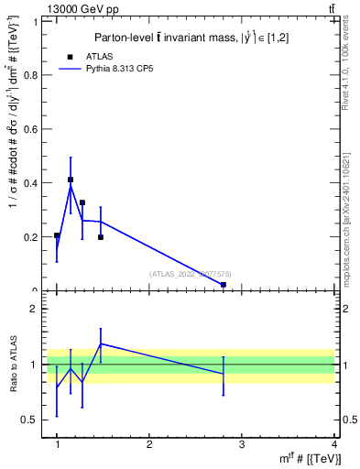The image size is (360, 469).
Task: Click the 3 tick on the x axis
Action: [x=242, y=444]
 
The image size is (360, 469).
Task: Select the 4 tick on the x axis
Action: [x=333, y=444]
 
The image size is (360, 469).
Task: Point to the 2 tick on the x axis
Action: [x=149, y=444]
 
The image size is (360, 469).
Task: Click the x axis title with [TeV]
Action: [x=305, y=458]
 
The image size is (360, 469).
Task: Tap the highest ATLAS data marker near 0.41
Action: [x=71, y=180]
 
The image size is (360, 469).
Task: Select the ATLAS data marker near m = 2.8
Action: [x=224, y=285]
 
